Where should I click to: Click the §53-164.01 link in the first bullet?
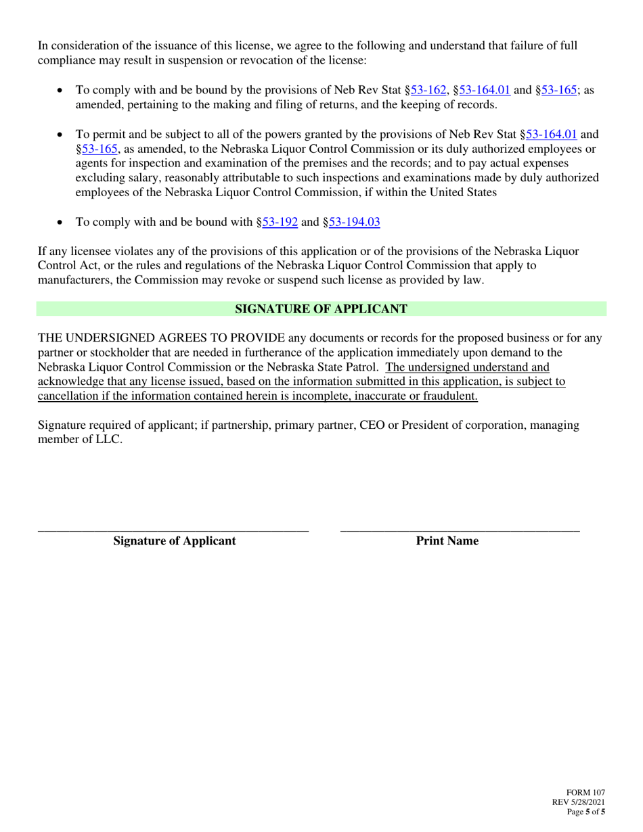pyautogui.click(x=484, y=90)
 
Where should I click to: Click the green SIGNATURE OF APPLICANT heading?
pyautogui.click(x=321, y=309)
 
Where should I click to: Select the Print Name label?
pyautogui.click(x=447, y=541)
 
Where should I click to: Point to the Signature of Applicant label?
pyautogui.click(x=175, y=541)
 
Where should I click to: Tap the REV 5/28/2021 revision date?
pyautogui.click(x=579, y=802)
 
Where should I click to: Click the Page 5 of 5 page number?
pyautogui.click(x=585, y=812)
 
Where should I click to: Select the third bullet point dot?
pyautogui.click(x=62, y=222)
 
